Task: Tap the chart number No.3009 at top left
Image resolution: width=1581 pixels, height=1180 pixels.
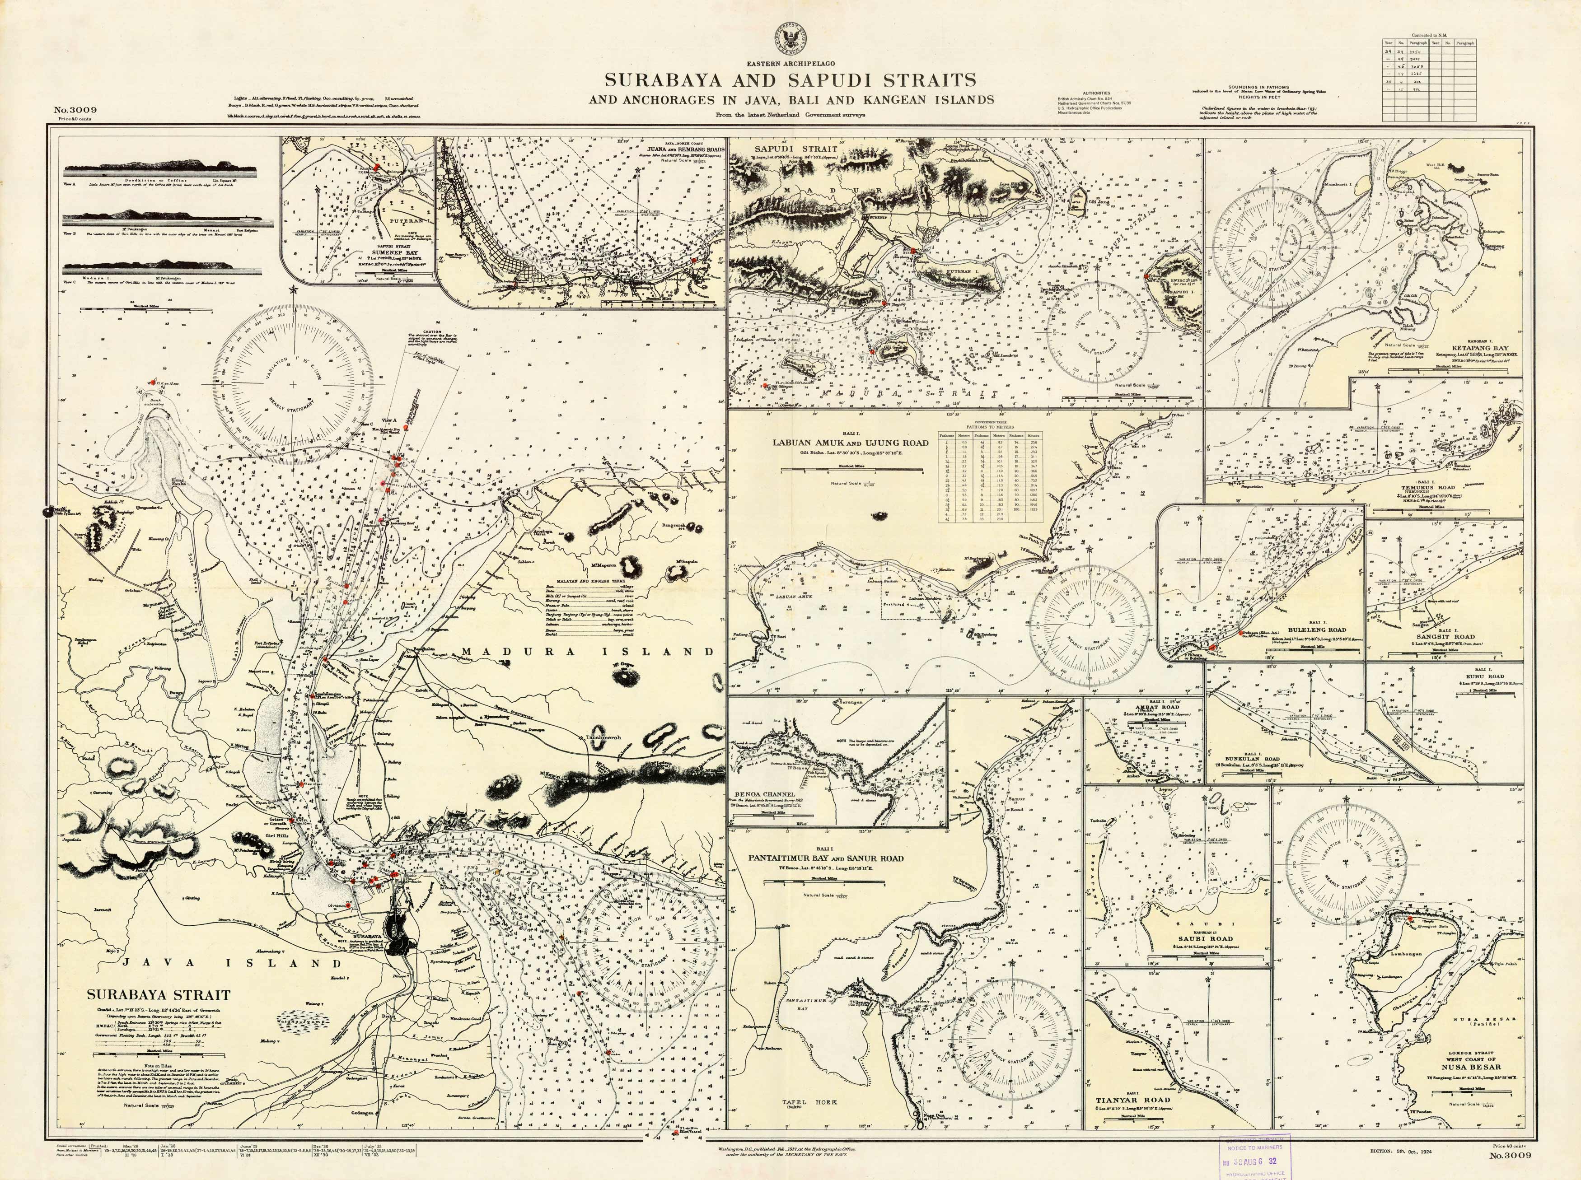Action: (75, 110)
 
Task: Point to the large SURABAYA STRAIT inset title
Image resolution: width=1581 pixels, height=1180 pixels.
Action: (159, 994)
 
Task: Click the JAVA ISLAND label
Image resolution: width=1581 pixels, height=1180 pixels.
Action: (232, 963)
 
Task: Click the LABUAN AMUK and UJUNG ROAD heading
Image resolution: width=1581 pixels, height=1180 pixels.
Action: (850, 442)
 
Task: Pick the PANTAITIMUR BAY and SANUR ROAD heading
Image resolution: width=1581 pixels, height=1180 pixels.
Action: (825, 858)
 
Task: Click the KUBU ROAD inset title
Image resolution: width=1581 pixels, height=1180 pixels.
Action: (1480, 676)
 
